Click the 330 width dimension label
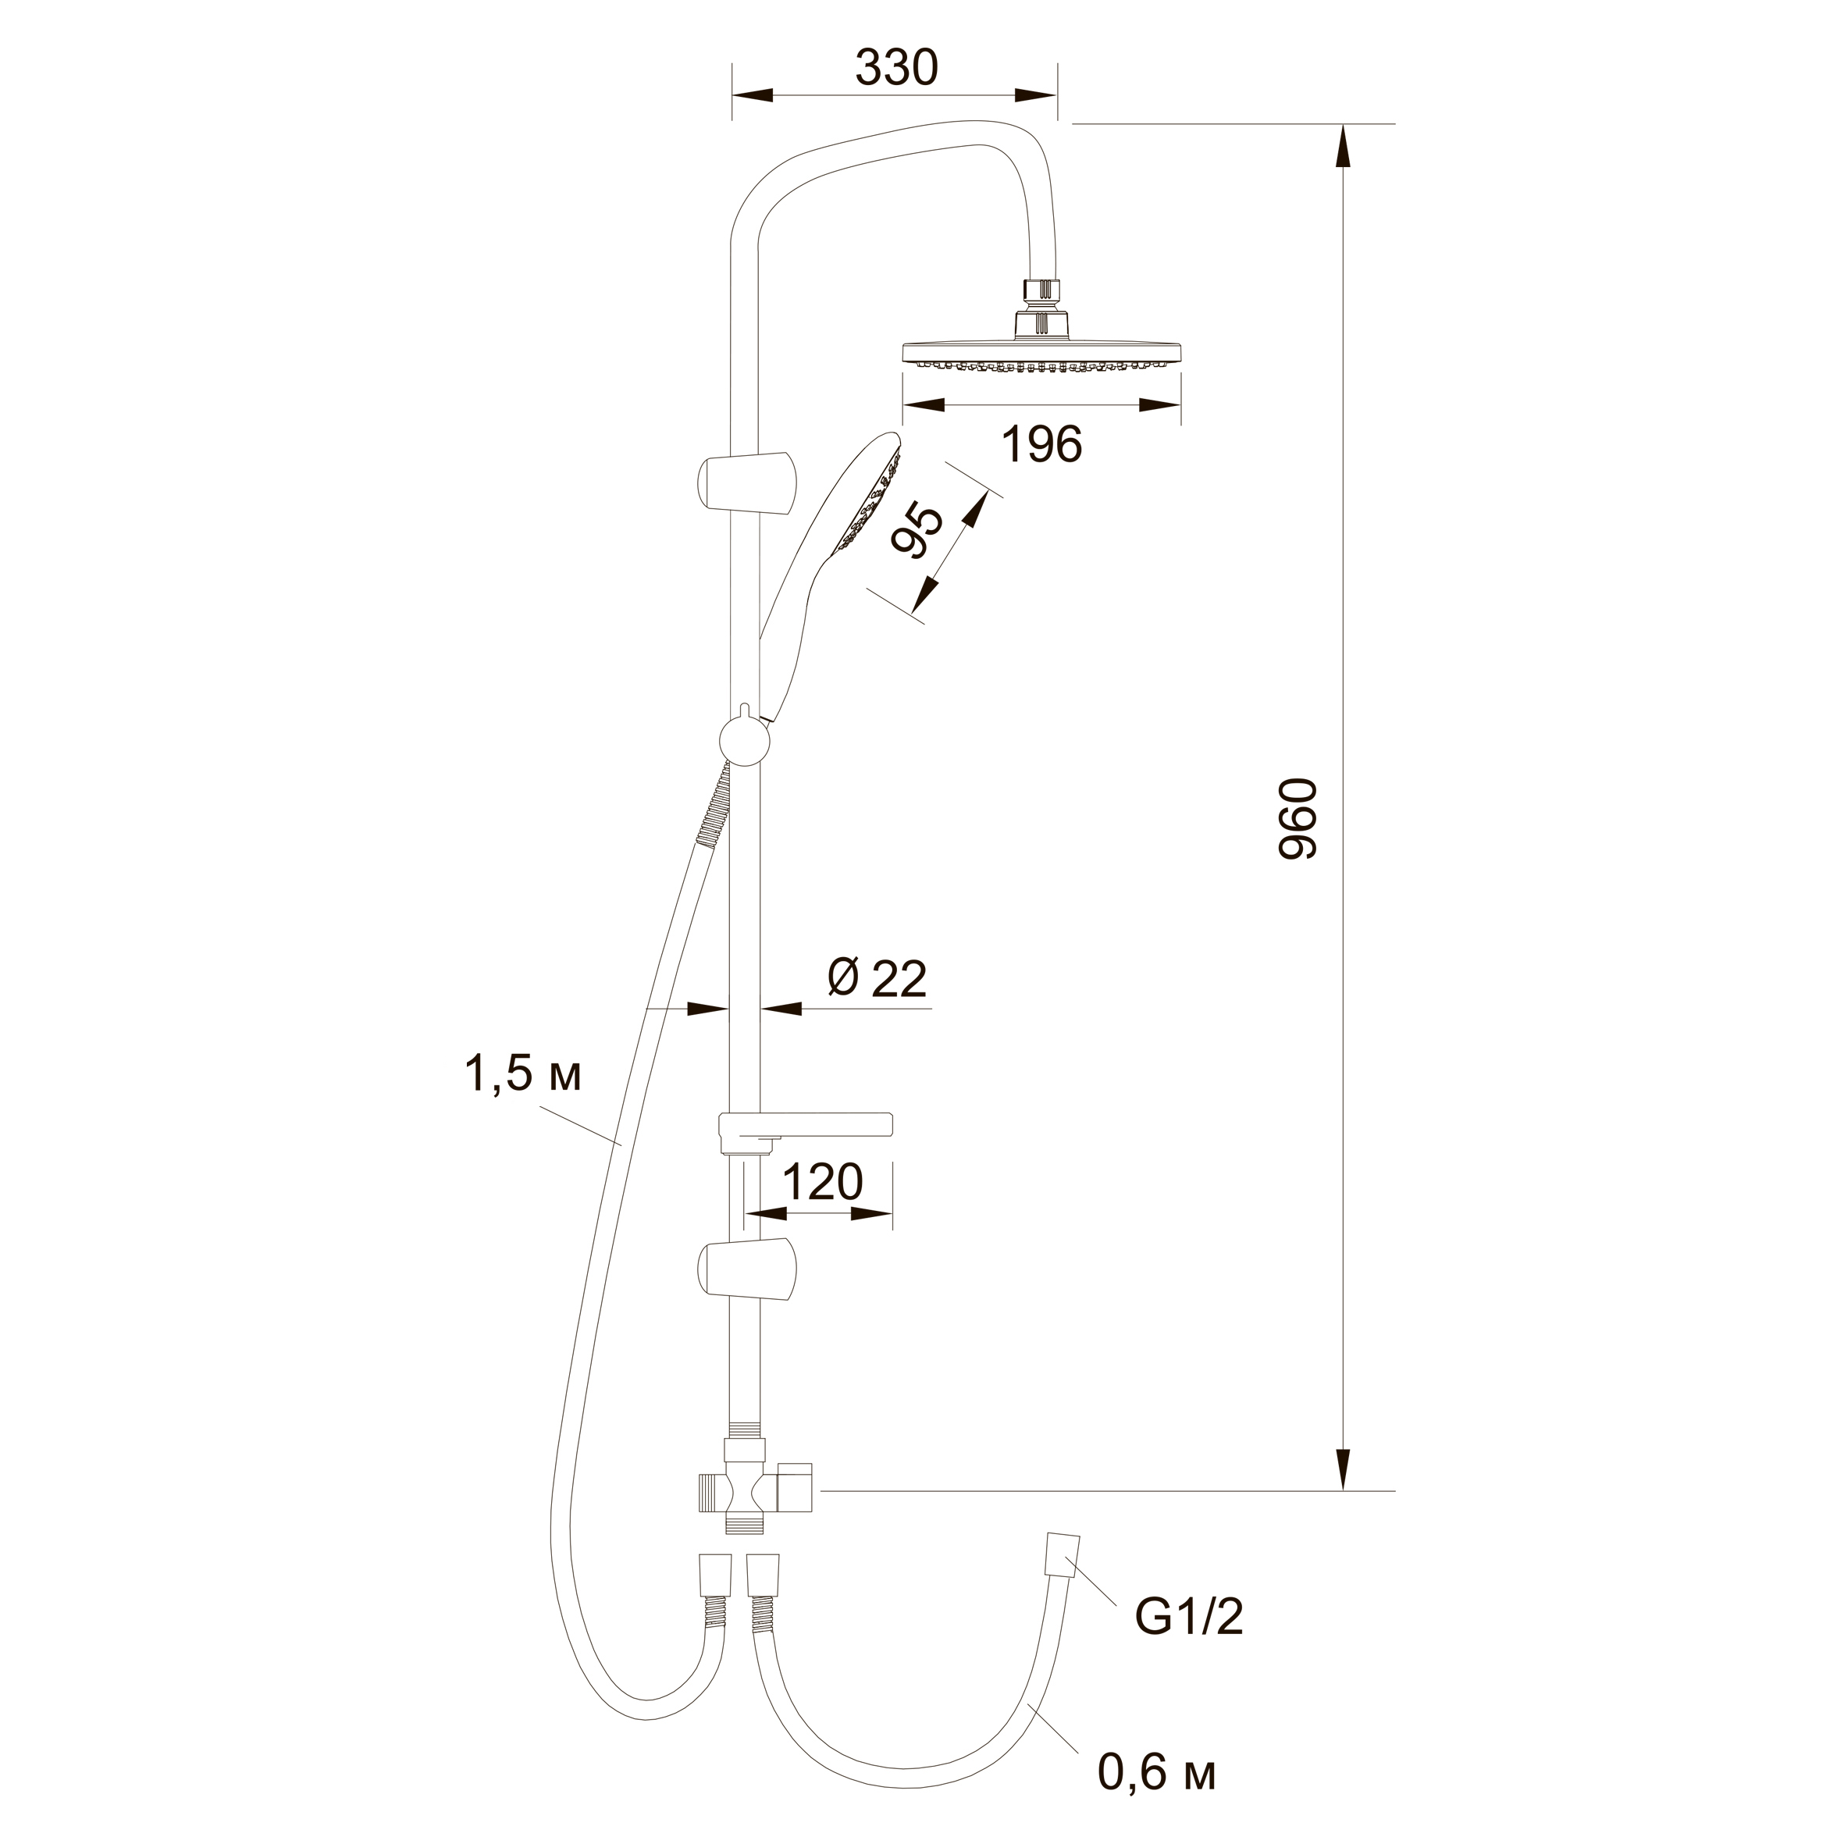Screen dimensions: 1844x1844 [x=896, y=68]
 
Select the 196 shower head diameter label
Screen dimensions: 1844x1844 [x=1042, y=445]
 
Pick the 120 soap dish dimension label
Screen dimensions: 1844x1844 [x=822, y=1182]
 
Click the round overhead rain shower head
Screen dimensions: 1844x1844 [x=1042, y=353]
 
